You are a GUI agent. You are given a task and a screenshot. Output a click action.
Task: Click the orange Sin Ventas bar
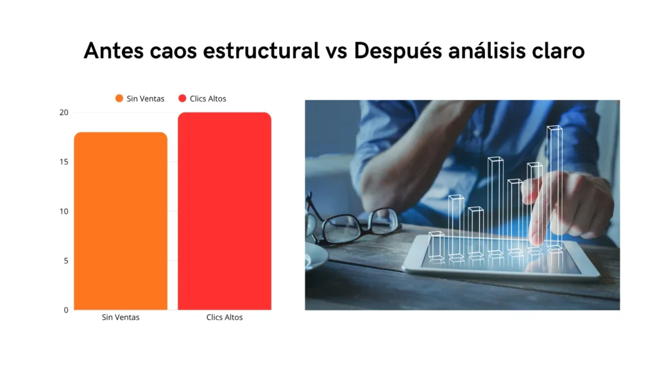121,221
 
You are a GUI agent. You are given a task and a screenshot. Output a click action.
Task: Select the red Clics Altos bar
225,212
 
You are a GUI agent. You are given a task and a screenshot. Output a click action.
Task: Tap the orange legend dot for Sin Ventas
119,98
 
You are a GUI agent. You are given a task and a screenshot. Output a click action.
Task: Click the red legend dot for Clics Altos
182,98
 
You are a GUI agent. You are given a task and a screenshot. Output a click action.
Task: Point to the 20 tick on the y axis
64,112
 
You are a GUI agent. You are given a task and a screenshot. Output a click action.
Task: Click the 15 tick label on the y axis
64,162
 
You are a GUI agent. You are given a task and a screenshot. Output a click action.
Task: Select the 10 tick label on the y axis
64,211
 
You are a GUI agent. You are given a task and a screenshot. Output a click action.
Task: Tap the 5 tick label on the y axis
65,261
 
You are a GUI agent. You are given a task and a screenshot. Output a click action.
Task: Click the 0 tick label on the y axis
65,310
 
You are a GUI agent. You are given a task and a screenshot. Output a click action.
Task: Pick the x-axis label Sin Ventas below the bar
121,317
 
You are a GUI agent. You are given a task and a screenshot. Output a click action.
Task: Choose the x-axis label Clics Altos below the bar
225,317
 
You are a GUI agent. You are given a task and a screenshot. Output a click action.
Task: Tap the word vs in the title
334,51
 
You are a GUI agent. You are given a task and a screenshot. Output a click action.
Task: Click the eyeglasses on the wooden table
350,225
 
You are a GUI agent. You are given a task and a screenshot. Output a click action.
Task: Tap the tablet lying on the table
500,260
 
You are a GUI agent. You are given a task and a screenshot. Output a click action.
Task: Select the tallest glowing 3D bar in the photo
554,186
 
